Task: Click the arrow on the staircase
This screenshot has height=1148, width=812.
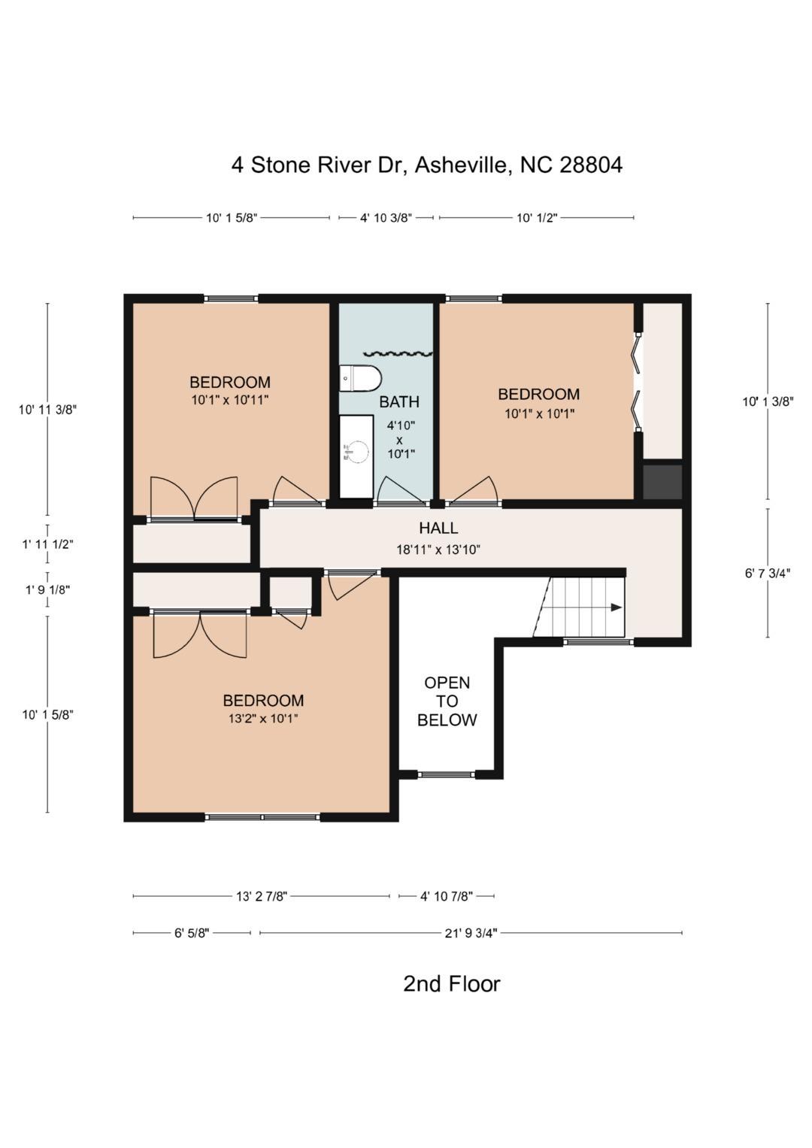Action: pyautogui.click(x=616, y=607)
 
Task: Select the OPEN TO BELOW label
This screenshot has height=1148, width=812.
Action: pyautogui.click(x=447, y=701)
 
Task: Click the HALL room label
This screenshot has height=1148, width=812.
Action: pyautogui.click(x=438, y=529)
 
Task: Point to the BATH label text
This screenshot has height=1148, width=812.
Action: pyautogui.click(x=399, y=401)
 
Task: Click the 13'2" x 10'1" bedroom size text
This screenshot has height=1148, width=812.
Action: pyautogui.click(x=263, y=719)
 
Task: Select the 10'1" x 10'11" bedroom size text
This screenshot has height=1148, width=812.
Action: pyautogui.click(x=229, y=400)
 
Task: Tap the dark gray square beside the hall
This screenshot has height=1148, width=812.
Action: pyautogui.click(x=662, y=482)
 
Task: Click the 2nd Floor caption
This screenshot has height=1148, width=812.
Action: pyautogui.click(x=451, y=983)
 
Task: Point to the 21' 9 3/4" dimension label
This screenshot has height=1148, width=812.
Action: pyautogui.click(x=471, y=933)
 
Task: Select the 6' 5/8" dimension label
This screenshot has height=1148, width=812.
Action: pyautogui.click(x=192, y=933)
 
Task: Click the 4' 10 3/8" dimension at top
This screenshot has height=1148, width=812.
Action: pyautogui.click(x=386, y=218)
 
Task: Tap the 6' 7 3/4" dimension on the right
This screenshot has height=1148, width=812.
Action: pyautogui.click(x=767, y=574)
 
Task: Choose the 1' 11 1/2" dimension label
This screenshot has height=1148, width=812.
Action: pyautogui.click(x=47, y=544)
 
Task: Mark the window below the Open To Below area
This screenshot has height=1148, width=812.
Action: pyautogui.click(x=447, y=774)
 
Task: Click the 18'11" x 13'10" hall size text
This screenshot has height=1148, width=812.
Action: pyautogui.click(x=438, y=550)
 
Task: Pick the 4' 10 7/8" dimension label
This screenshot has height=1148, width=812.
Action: pyautogui.click(x=446, y=896)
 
